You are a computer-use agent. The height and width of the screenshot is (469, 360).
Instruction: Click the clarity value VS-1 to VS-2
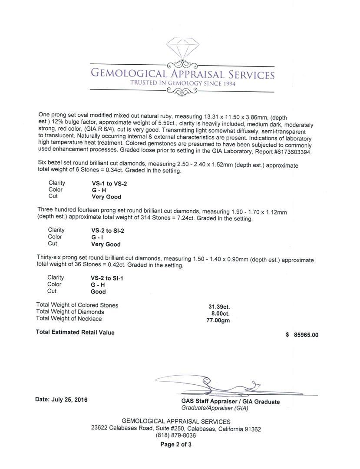(x=106, y=184)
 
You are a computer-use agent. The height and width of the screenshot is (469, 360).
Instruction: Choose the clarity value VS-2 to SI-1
(x=107, y=278)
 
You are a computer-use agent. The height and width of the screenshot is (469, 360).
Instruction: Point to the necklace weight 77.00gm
(x=218, y=320)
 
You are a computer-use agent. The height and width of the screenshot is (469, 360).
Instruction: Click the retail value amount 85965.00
(x=306, y=335)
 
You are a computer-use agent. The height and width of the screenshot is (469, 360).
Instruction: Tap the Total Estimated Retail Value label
(x=75, y=333)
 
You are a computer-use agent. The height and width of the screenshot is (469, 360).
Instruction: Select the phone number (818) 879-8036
(x=175, y=436)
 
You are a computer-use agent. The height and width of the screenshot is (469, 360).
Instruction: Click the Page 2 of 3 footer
(x=175, y=444)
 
